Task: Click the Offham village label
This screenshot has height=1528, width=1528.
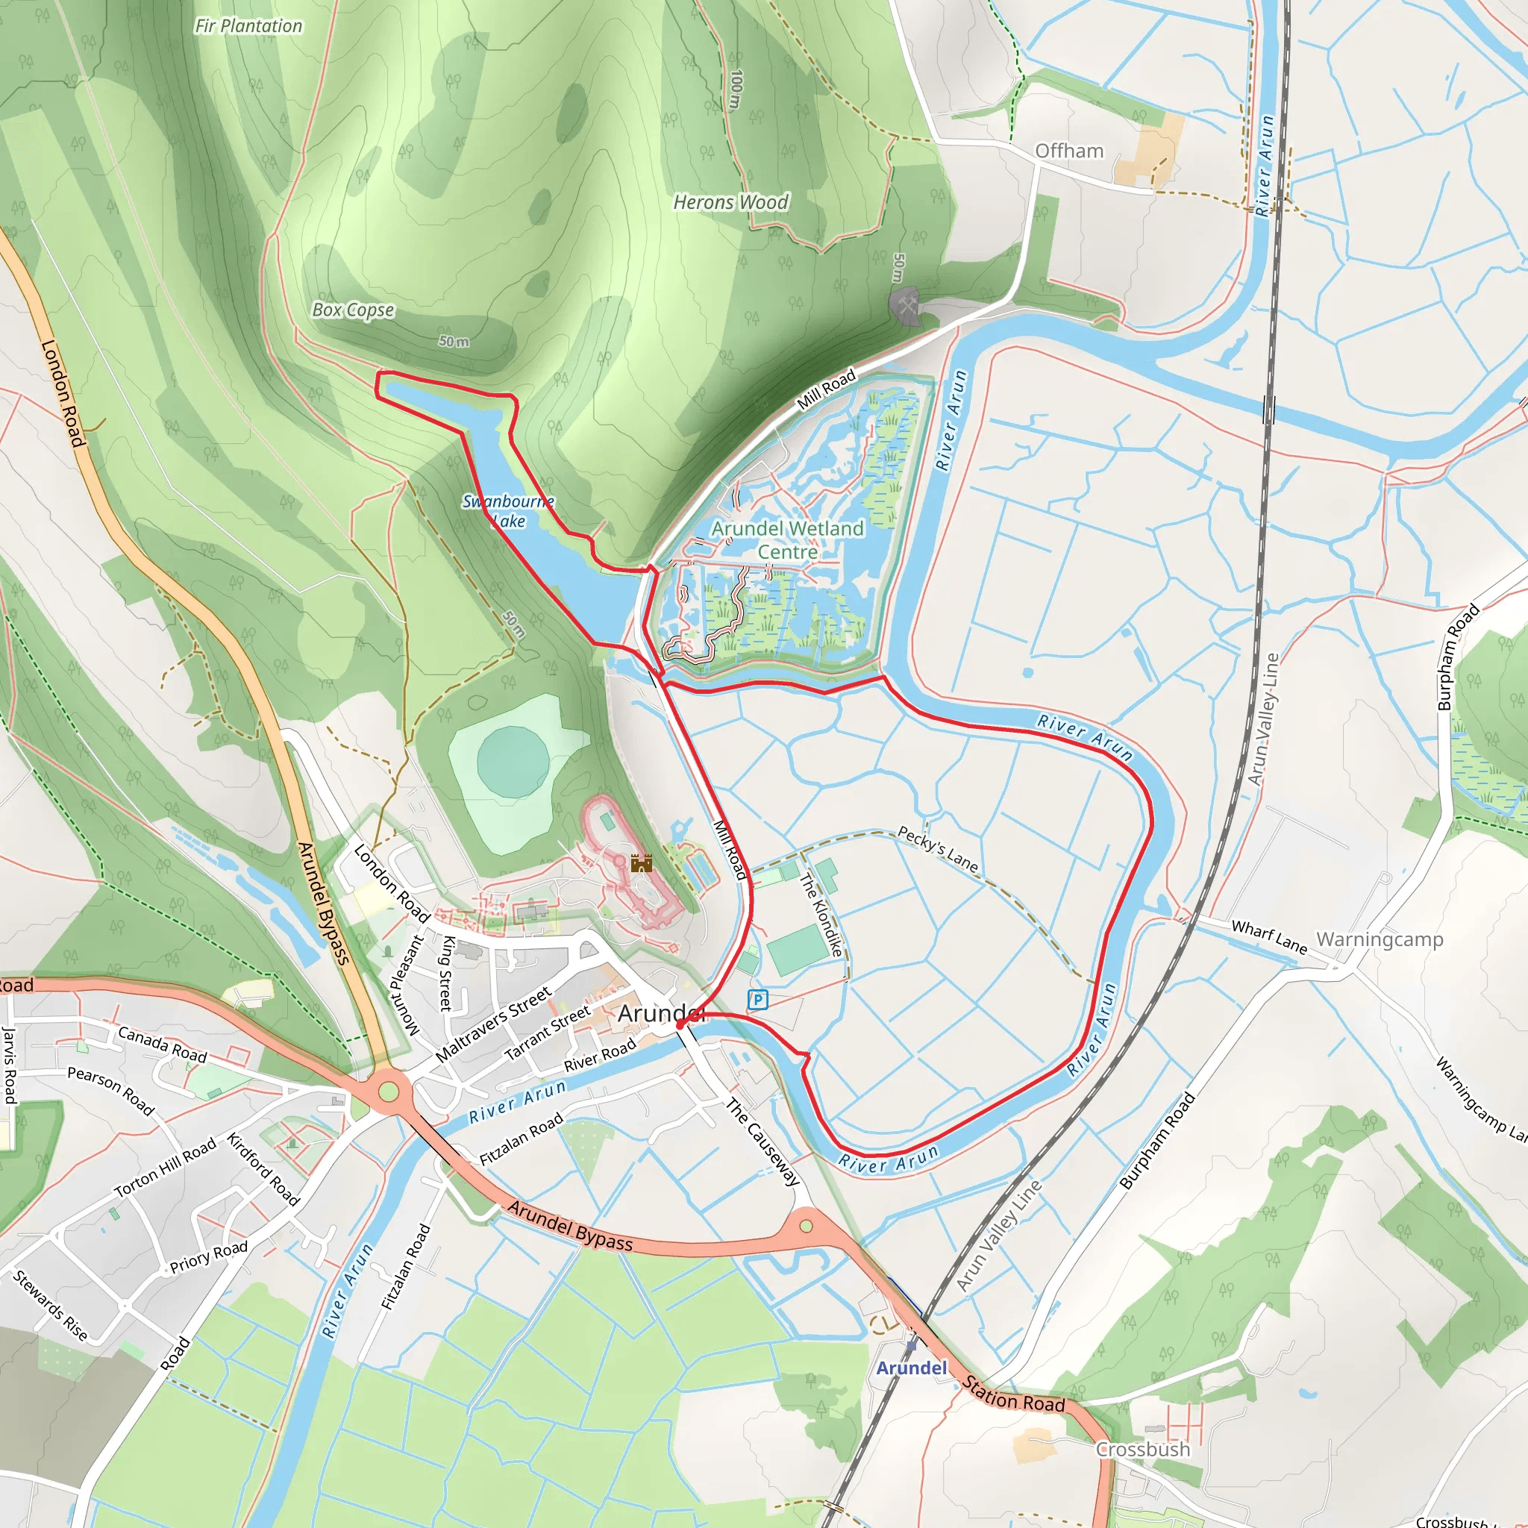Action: (1068, 150)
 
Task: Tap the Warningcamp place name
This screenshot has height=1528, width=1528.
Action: (1380, 939)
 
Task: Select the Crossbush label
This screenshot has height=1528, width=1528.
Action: (1142, 1449)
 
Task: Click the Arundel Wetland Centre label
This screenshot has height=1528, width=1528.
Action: (788, 539)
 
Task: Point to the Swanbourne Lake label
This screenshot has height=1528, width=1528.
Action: (508, 511)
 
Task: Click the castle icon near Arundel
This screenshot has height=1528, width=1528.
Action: (641, 863)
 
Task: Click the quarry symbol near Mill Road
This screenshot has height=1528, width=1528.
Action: (906, 304)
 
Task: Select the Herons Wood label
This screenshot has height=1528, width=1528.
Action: (730, 202)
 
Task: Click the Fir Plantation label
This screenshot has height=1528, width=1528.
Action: (248, 26)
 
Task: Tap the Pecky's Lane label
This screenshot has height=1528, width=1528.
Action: (938, 848)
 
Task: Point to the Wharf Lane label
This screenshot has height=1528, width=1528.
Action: (1268, 936)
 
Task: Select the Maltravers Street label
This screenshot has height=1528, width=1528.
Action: (492, 1024)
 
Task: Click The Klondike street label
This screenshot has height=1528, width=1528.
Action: (821, 914)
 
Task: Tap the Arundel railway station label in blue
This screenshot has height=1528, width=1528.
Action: (911, 1368)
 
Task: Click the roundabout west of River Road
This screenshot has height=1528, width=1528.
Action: (388, 1092)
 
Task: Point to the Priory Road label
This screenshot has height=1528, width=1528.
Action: (209, 1256)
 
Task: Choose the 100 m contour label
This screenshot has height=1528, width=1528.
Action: (736, 90)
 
